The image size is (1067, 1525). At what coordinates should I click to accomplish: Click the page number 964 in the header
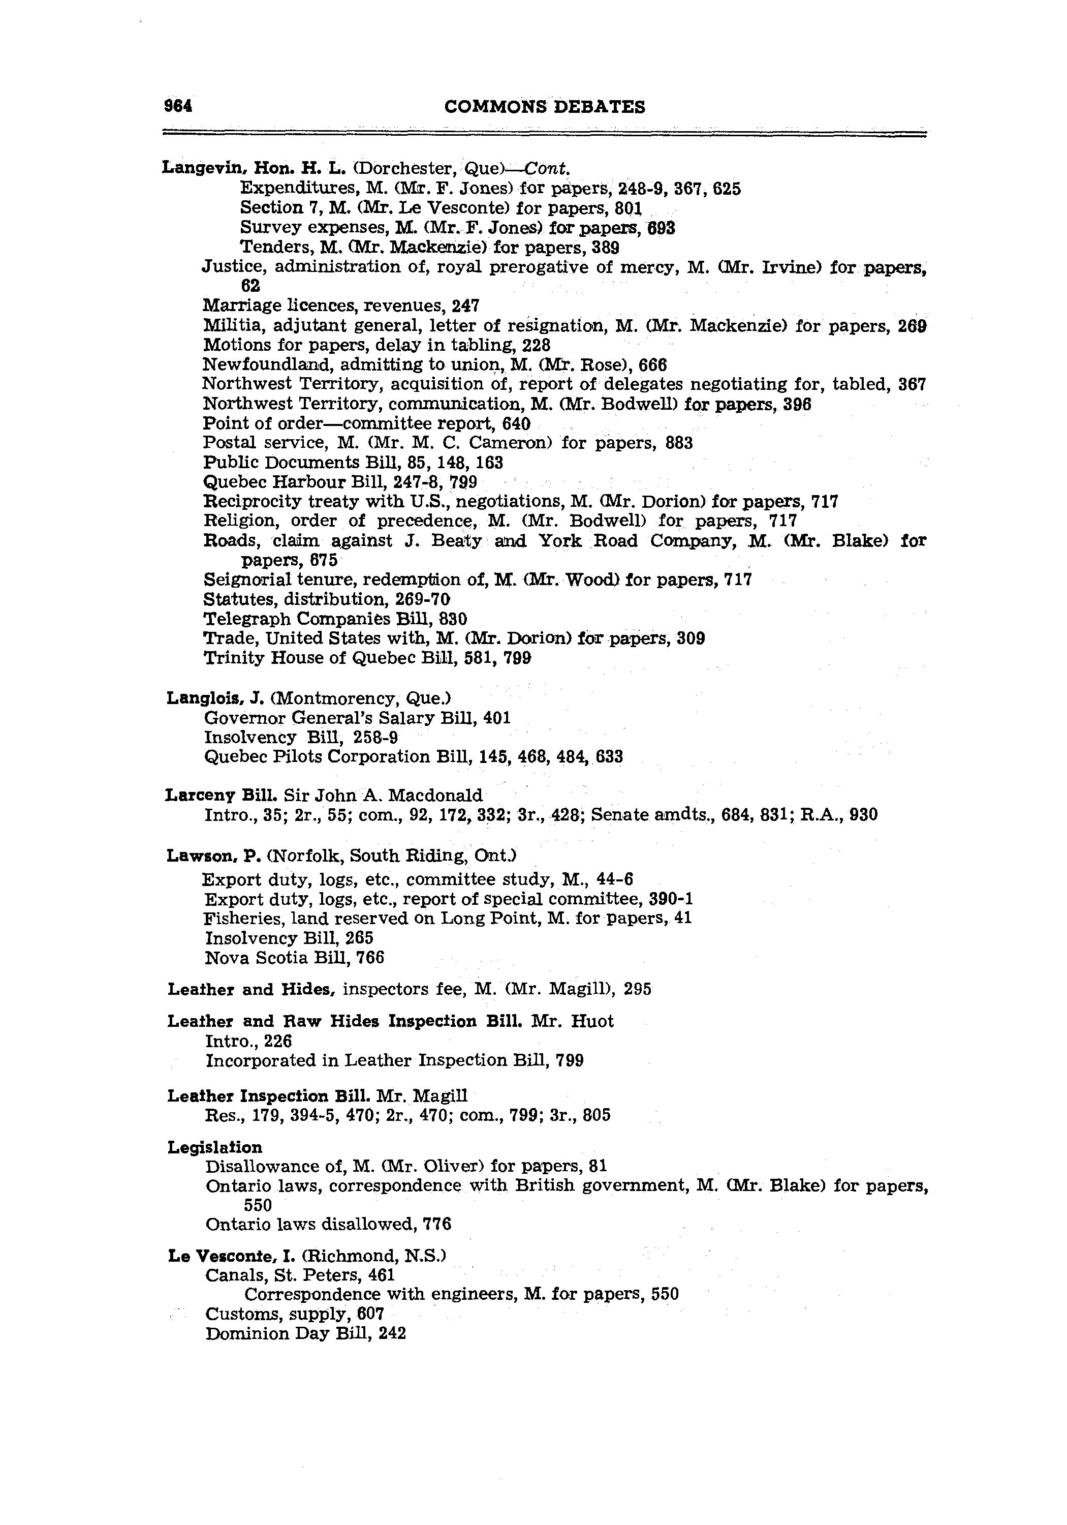[x=178, y=106]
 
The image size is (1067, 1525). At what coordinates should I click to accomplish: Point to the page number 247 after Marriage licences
[x=465, y=306]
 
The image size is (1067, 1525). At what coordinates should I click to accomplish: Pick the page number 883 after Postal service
[x=679, y=443]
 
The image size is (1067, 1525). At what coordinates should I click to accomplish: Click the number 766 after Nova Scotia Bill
[x=370, y=958]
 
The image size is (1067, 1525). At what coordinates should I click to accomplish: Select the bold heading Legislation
[x=214, y=1147]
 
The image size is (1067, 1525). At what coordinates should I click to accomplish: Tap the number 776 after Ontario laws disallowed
[x=437, y=1224]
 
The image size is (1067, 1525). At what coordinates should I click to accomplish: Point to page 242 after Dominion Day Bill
[x=392, y=1334]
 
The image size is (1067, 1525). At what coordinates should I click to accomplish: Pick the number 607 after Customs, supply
[x=370, y=1314]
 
